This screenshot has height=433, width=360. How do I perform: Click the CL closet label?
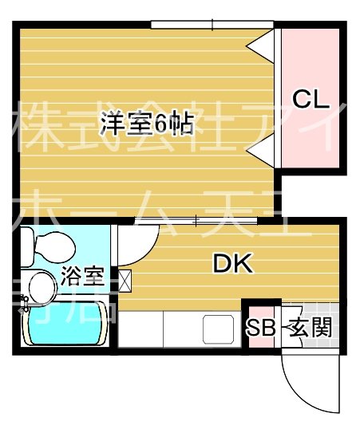coord(310,100)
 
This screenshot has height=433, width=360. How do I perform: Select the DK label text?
coord(232,264)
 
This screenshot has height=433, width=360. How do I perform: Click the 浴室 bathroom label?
coord(82,277)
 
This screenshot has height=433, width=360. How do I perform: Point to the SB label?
coord(260,327)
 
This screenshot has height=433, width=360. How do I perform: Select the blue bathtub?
coord(64,325)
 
